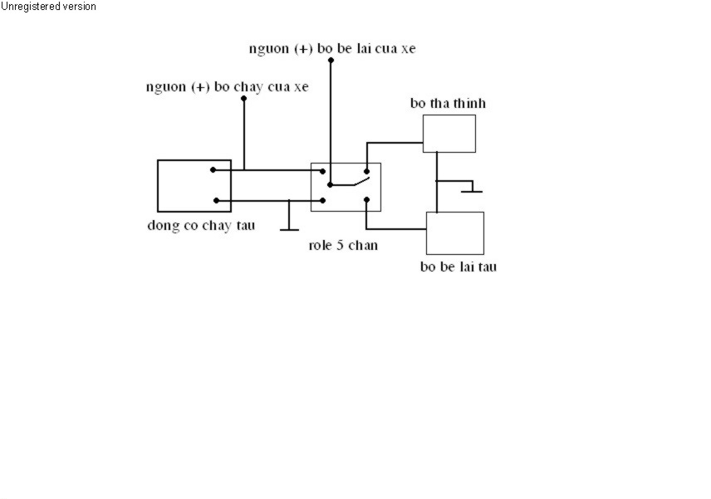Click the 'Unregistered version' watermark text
pos(48,7)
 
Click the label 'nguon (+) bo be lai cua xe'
pos(332,48)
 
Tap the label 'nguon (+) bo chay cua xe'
pos(228,86)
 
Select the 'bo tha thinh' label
pos(448,103)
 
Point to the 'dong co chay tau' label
pos(201,225)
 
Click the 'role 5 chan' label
pos(343,245)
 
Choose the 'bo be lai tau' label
pos(458,267)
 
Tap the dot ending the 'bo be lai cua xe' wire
pos(331,61)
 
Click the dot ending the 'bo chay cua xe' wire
pos(244,98)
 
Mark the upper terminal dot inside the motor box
pos(213,170)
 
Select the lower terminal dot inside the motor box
pos(216,200)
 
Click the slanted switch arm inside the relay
pos(362,182)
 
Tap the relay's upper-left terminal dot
pos(323,171)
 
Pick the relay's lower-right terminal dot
pos(366,199)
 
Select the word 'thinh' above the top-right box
pos(470,103)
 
